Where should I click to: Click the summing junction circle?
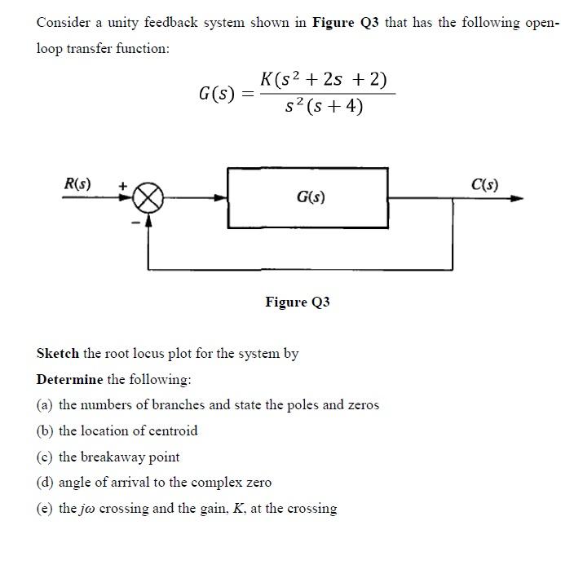149,197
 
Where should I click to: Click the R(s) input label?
77,184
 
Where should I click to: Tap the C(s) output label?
485,184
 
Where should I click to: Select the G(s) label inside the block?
311,197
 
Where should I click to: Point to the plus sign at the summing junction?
123,187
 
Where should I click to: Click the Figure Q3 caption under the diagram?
298,302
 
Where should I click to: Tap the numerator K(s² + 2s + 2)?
324,80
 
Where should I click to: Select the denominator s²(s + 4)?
324,106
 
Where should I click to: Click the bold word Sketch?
58,354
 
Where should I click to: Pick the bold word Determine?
70,380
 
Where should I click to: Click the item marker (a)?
46,405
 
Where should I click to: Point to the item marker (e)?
46,509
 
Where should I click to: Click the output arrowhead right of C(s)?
516,197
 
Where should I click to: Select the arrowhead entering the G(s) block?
221,197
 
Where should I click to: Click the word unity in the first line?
114,23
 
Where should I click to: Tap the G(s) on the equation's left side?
218,94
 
